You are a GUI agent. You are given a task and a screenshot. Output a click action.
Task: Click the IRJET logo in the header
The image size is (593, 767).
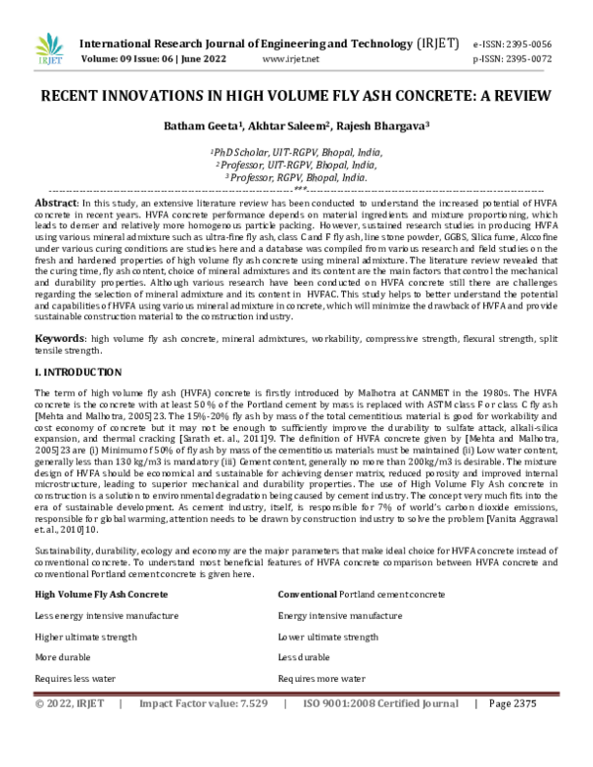(x=47, y=49)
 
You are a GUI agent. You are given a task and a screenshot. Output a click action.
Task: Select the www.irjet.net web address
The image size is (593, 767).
(x=291, y=59)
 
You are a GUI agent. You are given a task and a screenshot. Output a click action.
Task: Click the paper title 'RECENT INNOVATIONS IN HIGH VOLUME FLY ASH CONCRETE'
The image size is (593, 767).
(x=296, y=101)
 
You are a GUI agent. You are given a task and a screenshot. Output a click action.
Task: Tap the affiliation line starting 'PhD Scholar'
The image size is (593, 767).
(x=296, y=153)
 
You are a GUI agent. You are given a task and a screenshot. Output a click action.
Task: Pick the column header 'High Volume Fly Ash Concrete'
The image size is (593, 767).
(x=101, y=594)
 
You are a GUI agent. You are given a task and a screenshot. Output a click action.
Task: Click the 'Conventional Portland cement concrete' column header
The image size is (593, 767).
(x=361, y=594)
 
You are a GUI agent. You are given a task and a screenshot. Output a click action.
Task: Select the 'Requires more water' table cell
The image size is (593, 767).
(x=321, y=679)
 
